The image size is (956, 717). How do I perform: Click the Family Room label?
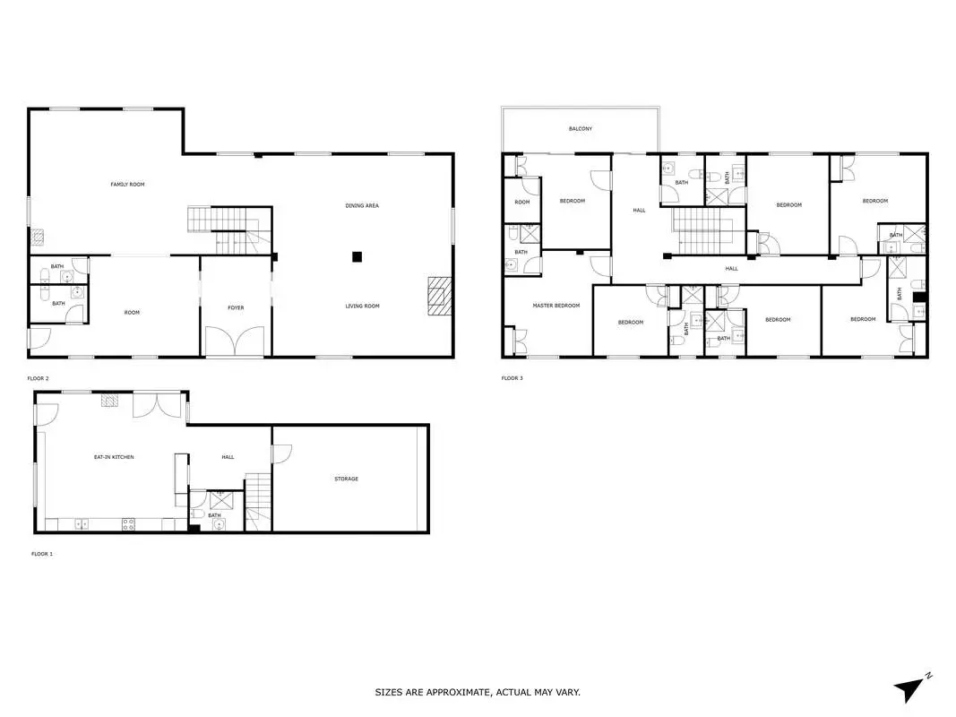[127, 184]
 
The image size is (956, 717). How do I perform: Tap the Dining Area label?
[362, 206]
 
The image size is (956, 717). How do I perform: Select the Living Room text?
[362, 306]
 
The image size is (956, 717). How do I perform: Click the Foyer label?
[236, 308]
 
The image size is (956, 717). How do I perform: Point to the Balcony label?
[581, 129]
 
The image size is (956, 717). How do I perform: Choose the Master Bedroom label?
[556, 306]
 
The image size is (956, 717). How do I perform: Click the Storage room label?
[347, 479]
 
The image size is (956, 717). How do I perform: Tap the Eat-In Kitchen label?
[114, 457]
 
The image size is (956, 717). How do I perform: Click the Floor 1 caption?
[42, 554]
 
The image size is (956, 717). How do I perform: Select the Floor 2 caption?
[38, 378]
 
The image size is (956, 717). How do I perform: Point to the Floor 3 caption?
[512, 378]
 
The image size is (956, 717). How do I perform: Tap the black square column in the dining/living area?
[357, 256]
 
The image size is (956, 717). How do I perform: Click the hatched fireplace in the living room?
[439, 296]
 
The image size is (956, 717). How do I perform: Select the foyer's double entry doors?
[236, 341]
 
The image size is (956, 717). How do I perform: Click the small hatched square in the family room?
[38, 238]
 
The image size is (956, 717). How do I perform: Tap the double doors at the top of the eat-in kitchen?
[158, 405]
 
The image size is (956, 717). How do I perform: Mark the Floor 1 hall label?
[228, 457]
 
